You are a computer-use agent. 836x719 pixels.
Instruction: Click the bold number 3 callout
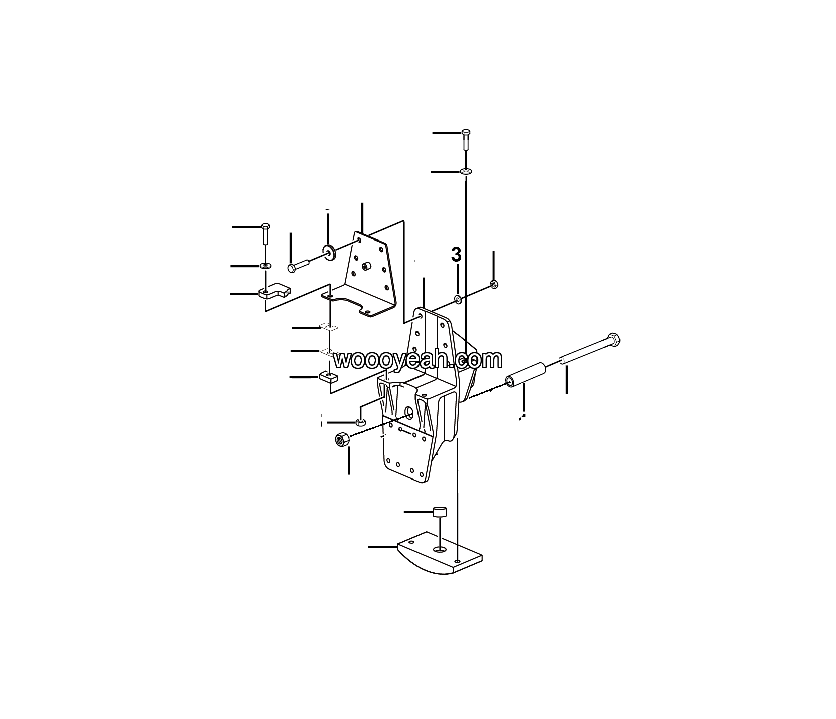(456, 255)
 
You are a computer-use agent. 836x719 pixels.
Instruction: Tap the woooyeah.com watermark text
(417, 360)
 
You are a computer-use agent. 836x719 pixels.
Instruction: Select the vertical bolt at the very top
(466, 139)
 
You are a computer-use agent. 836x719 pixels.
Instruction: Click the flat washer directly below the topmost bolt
(466, 172)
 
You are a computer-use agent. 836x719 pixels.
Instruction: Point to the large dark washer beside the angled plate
(329, 251)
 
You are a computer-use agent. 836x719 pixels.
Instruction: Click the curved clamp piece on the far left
(274, 291)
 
